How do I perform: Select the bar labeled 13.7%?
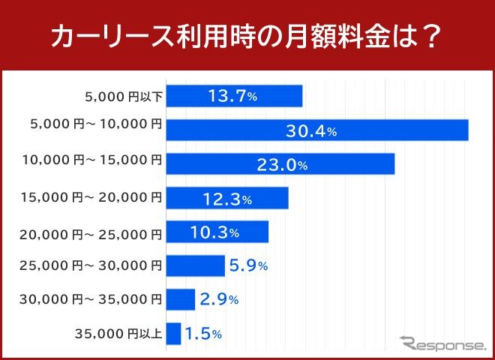[x=233, y=96]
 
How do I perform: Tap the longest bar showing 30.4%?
[x=316, y=130]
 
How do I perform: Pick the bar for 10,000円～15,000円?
[x=280, y=163]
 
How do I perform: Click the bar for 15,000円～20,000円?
[x=226, y=198]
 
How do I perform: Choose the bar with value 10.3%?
[x=217, y=232]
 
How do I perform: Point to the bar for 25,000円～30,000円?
[x=195, y=265]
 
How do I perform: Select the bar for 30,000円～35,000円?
[x=180, y=299]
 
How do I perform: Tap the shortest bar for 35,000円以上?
[x=173, y=334]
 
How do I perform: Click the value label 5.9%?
[x=248, y=265]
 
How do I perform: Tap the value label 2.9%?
[x=218, y=299]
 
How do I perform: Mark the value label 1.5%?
[x=203, y=334]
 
